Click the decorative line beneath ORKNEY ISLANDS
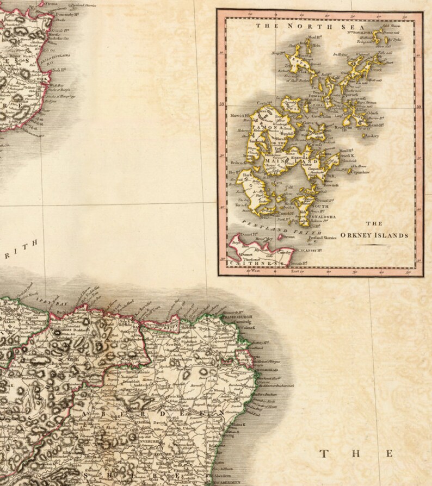click(x=373, y=246)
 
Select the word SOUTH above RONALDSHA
click(x=320, y=207)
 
